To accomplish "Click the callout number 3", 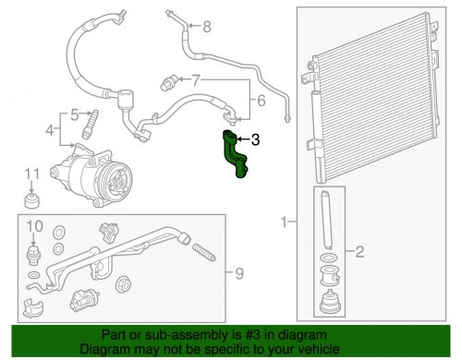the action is click(x=256, y=139).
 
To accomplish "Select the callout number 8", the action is click(x=207, y=27).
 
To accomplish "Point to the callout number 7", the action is click(x=196, y=80).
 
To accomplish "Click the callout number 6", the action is click(x=261, y=101).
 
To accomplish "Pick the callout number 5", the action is click(x=75, y=115).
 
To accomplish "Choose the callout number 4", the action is click(x=50, y=130).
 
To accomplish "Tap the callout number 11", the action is click(x=32, y=174).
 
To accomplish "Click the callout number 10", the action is click(x=34, y=226).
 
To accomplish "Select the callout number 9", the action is click(x=239, y=273).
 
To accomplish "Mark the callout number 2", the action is click(x=359, y=252).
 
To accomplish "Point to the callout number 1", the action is click(x=285, y=222).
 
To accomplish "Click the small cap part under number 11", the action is click(x=32, y=200).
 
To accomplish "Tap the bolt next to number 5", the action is click(x=90, y=124).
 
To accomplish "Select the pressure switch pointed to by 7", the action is click(x=169, y=82).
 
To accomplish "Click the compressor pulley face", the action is click(x=118, y=181).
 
